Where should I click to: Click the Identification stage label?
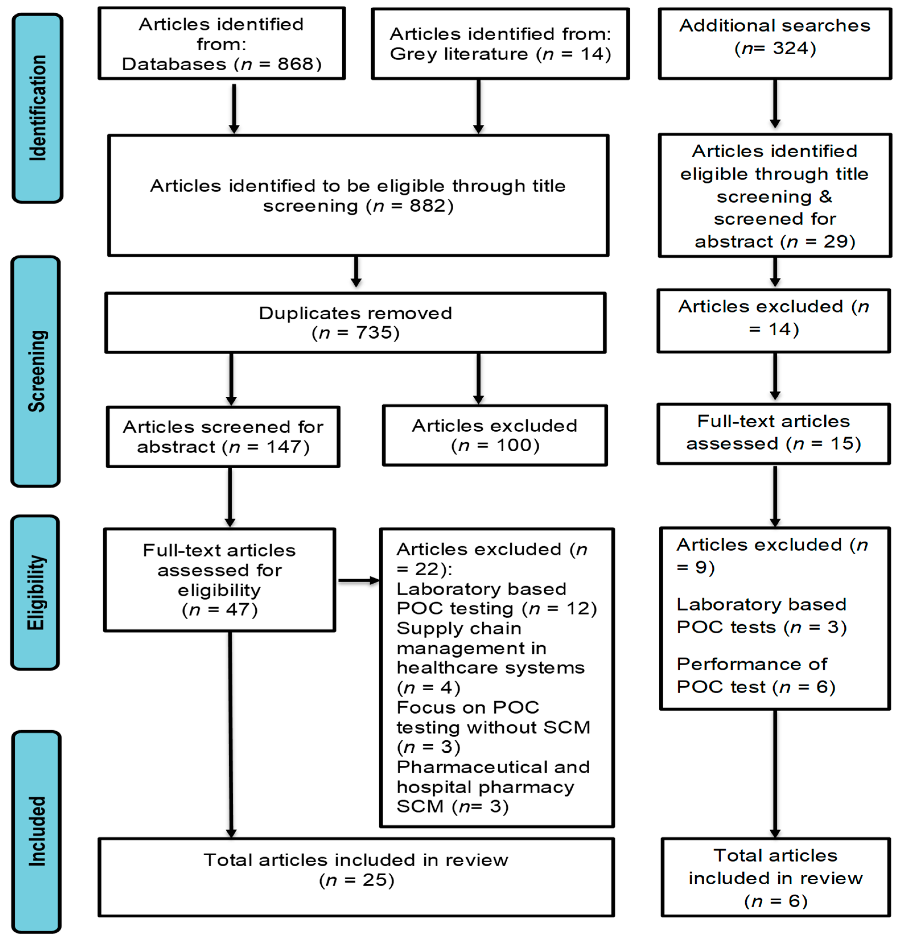(x=37, y=108)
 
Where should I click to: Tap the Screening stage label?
(x=36, y=371)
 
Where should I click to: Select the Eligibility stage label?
(x=35, y=593)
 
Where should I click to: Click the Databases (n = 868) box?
(x=221, y=44)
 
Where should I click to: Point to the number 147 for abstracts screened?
(x=284, y=447)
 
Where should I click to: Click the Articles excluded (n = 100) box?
(x=495, y=435)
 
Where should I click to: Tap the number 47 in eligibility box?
(x=230, y=610)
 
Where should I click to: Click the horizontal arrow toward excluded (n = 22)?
(x=358, y=581)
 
